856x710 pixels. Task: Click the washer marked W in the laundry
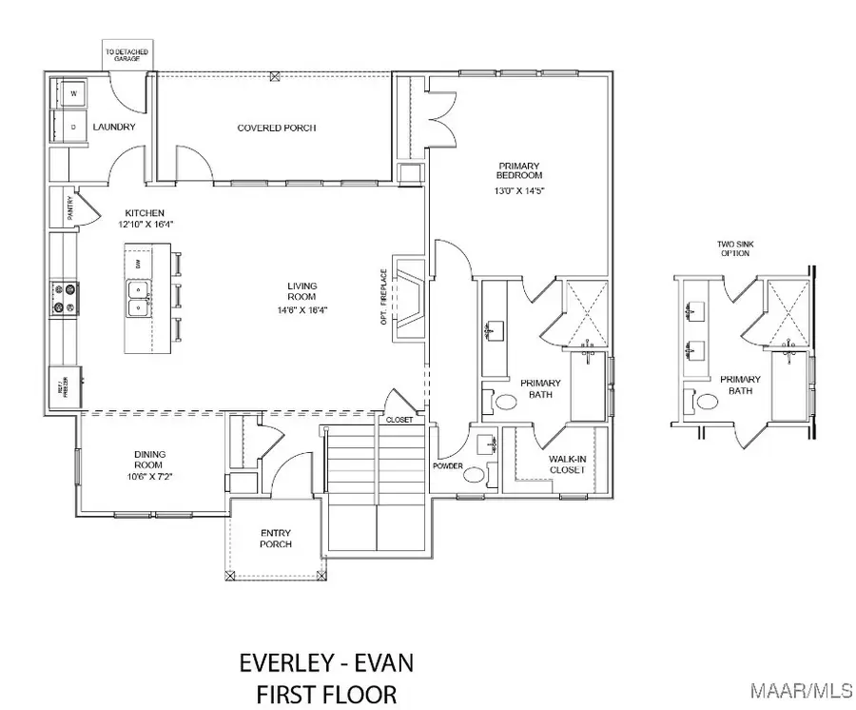coord(73,93)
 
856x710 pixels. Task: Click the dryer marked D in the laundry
coord(73,126)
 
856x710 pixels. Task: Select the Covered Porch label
coord(277,128)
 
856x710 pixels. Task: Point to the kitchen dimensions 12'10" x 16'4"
coord(146,224)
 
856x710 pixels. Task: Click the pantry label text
coord(69,210)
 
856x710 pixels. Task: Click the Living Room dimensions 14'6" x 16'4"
coord(303,308)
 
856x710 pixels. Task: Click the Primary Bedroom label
coord(519,171)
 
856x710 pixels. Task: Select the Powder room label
coord(447,466)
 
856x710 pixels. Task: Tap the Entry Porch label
coord(277,539)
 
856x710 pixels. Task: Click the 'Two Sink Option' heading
coord(737,250)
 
